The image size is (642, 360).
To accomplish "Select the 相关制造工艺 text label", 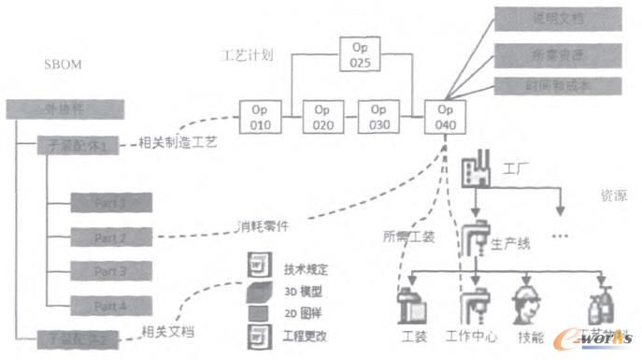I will [177, 143].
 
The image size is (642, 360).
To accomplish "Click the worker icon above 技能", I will [528, 304].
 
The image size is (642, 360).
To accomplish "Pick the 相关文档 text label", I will [167, 331].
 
